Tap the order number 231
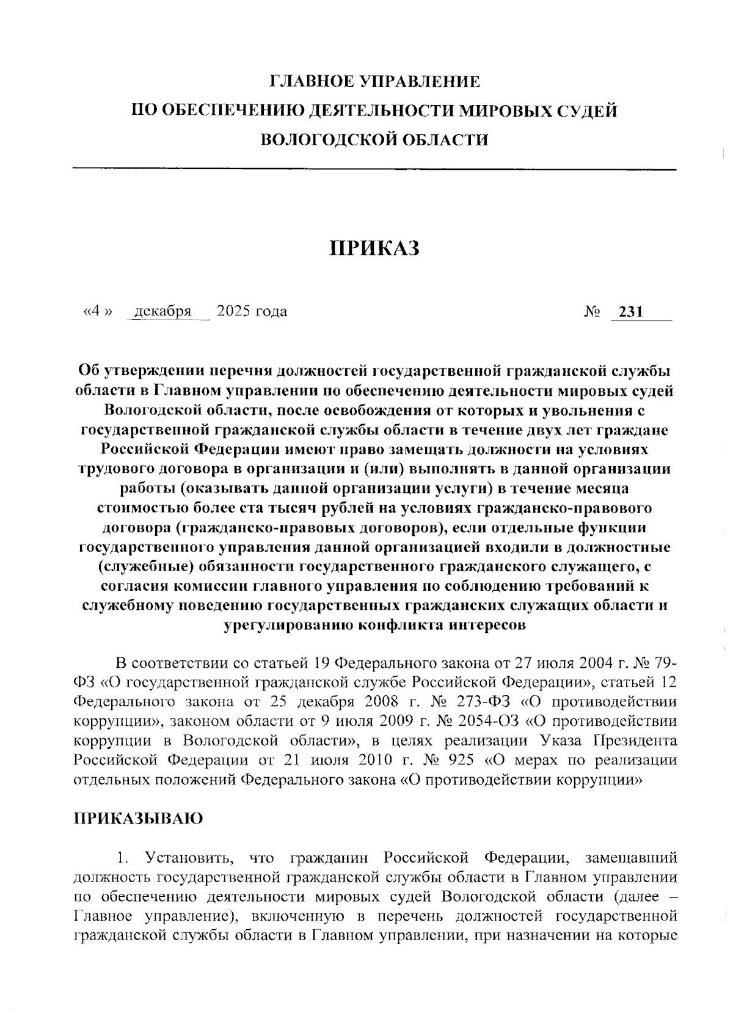(631, 312)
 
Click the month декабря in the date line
(162, 312)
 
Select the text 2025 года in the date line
(252, 312)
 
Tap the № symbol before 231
(591, 312)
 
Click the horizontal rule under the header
(374, 169)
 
